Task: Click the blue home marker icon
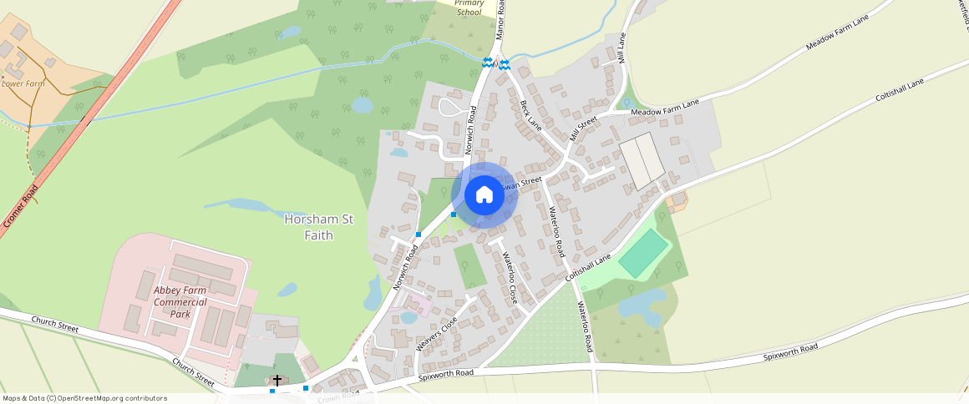click(x=484, y=194)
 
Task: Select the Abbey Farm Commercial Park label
click(x=180, y=302)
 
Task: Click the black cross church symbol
click(x=276, y=381)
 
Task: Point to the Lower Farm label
click(x=23, y=83)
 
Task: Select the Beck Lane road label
click(x=531, y=116)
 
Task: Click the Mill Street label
click(x=584, y=129)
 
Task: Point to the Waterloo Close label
click(x=510, y=278)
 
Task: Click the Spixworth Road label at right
click(x=789, y=352)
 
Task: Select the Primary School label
click(x=469, y=8)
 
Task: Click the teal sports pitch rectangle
click(x=643, y=254)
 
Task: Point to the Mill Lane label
click(x=621, y=48)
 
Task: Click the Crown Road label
click(x=338, y=396)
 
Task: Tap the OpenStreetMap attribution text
click(x=84, y=398)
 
